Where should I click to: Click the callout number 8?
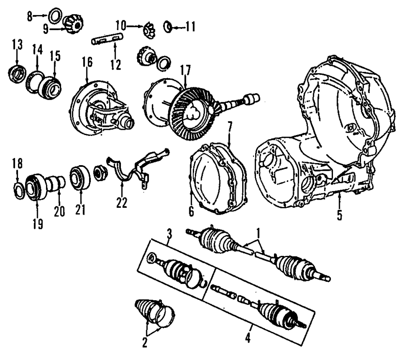coord(29,17)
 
